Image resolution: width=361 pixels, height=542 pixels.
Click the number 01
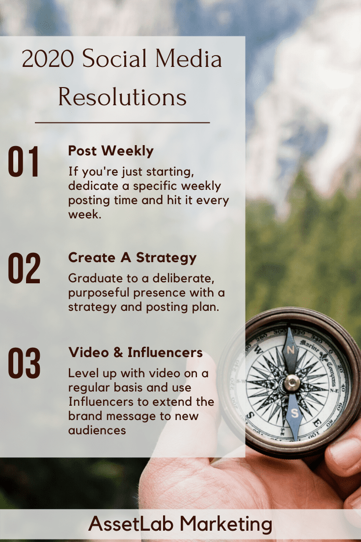tap(23, 162)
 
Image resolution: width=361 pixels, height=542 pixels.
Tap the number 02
tap(24, 269)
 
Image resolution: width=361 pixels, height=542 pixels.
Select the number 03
tap(24, 363)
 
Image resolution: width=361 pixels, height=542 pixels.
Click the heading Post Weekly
tap(111, 151)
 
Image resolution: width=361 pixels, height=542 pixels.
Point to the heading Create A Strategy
tap(132, 258)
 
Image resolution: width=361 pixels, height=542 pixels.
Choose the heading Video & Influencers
tap(135, 353)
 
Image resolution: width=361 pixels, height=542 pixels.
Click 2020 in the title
tap(48, 59)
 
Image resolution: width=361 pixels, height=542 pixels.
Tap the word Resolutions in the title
tap(122, 97)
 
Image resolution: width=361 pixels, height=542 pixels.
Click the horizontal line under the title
tap(122, 122)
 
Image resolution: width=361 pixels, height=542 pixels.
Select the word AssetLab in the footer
tap(131, 524)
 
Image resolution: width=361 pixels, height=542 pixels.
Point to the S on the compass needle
tap(294, 413)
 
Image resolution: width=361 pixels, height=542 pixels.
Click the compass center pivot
tap(292, 382)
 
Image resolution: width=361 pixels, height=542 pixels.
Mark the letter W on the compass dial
tap(258, 351)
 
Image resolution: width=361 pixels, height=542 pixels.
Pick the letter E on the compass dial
tap(316, 423)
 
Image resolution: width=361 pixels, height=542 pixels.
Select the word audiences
tap(97, 430)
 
